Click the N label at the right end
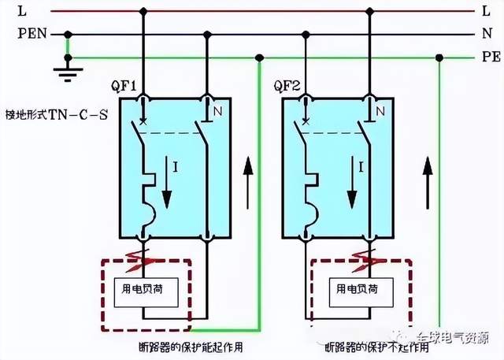485,34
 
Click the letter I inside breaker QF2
360,166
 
